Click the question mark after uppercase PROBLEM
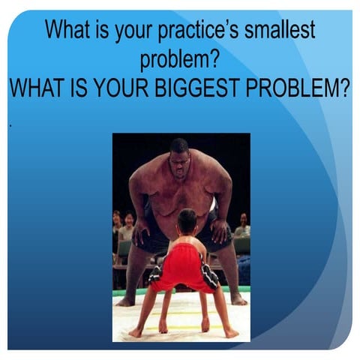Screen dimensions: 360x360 [346, 88]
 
